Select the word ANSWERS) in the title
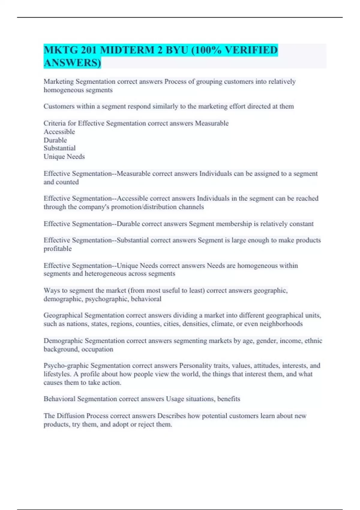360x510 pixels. tap(72, 63)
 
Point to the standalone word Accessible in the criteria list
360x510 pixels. tap(59, 132)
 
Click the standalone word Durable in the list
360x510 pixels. tap(55, 140)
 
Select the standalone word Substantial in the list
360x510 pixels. tap(59, 148)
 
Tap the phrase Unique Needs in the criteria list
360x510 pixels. tap(64, 157)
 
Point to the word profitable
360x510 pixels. tap(58, 249)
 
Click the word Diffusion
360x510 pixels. tap(70, 416)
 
